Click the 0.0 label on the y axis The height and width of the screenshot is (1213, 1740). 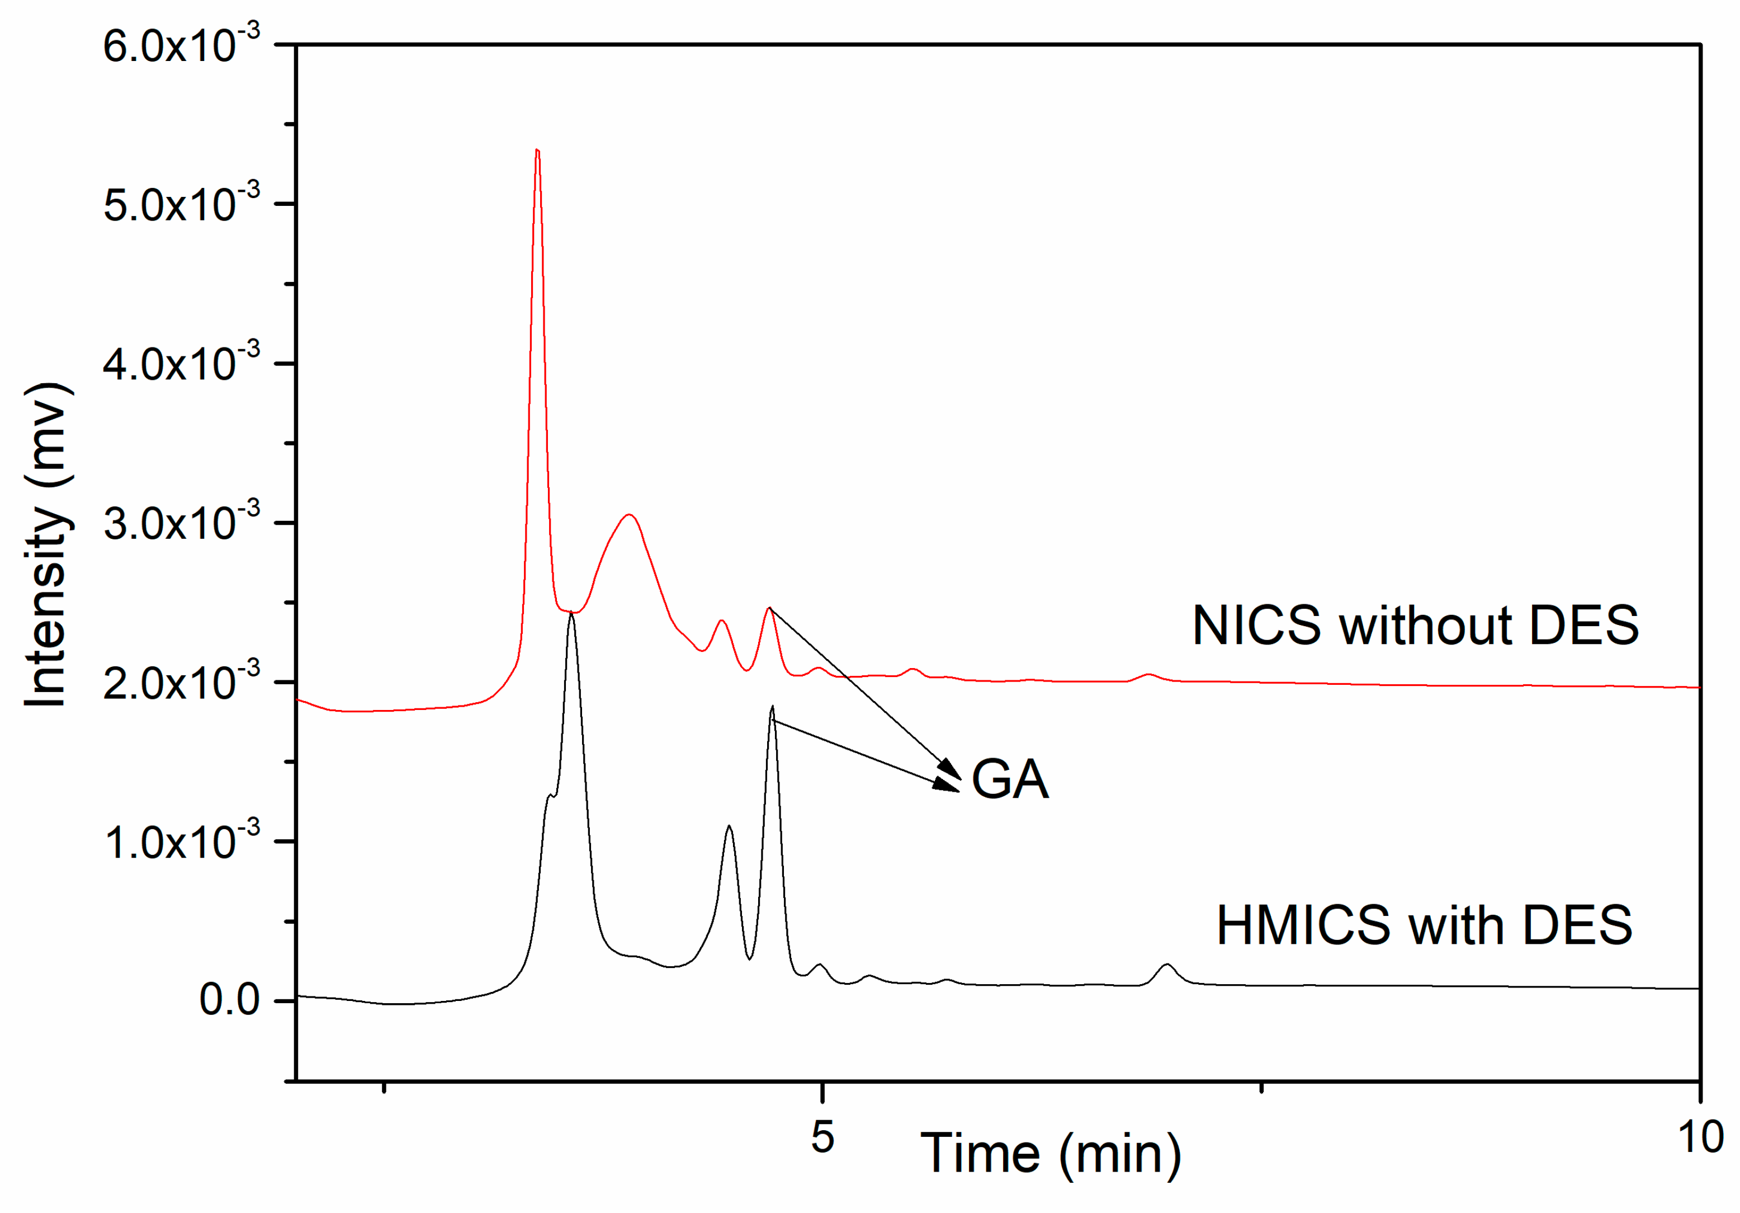coord(229,1001)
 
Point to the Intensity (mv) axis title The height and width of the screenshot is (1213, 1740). coord(47,546)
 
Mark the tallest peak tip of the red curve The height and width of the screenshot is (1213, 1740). coord(537,151)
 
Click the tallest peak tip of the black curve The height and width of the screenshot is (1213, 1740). coord(571,615)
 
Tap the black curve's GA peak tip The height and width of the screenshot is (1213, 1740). coord(772,707)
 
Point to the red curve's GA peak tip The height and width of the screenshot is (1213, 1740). coord(769,608)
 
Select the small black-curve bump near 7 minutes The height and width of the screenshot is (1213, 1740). coord(1167,965)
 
